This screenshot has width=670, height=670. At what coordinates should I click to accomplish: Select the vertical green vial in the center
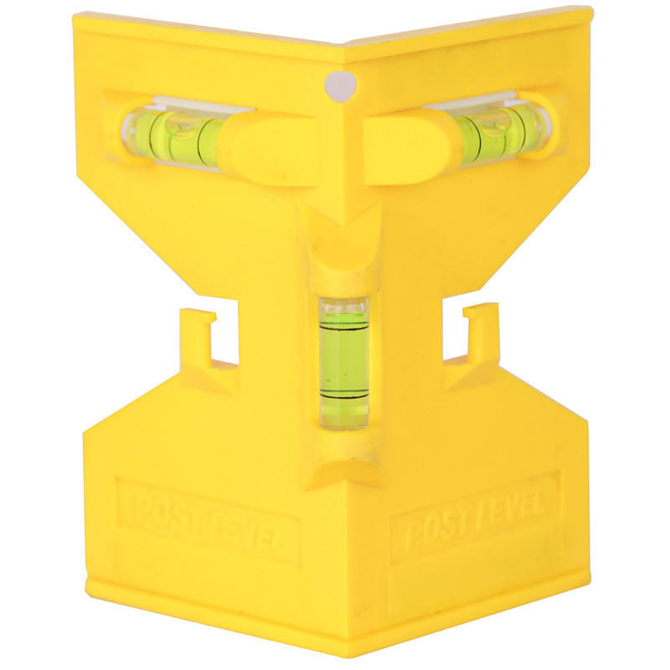click(x=344, y=363)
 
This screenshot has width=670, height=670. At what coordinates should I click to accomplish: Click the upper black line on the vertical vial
click(x=344, y=330)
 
